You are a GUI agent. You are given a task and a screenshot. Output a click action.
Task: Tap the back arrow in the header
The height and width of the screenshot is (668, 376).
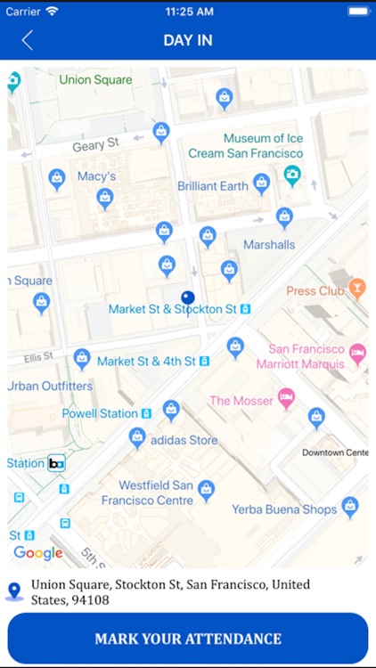[28, 40]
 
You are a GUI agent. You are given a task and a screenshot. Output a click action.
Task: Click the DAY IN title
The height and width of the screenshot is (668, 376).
[187, 40]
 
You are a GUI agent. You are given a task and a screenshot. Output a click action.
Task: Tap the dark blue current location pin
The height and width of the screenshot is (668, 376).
[187, 298]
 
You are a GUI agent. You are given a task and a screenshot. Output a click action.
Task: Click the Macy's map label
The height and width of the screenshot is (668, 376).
[97, 176]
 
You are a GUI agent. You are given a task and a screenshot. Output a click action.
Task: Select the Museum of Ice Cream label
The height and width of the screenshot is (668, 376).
[250, 145]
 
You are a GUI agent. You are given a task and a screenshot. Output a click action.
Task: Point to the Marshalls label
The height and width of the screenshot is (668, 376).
[268, 245]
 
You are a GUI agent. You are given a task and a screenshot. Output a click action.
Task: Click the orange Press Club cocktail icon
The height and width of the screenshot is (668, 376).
[357, 288]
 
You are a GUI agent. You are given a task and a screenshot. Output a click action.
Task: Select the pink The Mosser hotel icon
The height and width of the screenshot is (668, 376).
[286, 398]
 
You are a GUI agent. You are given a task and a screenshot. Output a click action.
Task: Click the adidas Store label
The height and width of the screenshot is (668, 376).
[184, 440]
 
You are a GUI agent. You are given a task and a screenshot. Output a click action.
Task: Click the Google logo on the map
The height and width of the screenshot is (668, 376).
[37, 553]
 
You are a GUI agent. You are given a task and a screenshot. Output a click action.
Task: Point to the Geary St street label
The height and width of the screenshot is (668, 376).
[95, 144]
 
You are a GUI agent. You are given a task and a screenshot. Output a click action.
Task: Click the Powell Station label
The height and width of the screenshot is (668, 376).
[100, 413]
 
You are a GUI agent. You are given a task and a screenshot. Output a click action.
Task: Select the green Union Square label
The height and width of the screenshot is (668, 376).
[95, 80]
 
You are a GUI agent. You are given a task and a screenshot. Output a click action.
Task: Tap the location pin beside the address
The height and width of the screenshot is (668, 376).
[14, 591]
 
